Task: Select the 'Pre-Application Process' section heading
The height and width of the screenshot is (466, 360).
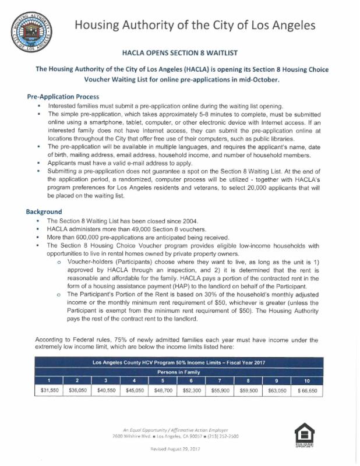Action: (x=63, y=96)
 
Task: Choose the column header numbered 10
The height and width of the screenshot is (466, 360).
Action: (x=307, y=380)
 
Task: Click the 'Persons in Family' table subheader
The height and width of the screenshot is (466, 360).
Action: (x=179, y=371)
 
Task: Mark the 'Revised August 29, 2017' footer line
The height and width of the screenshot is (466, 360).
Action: (x=179, y=449)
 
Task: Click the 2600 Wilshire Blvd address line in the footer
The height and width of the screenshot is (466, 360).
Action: (x=179, y=436)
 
